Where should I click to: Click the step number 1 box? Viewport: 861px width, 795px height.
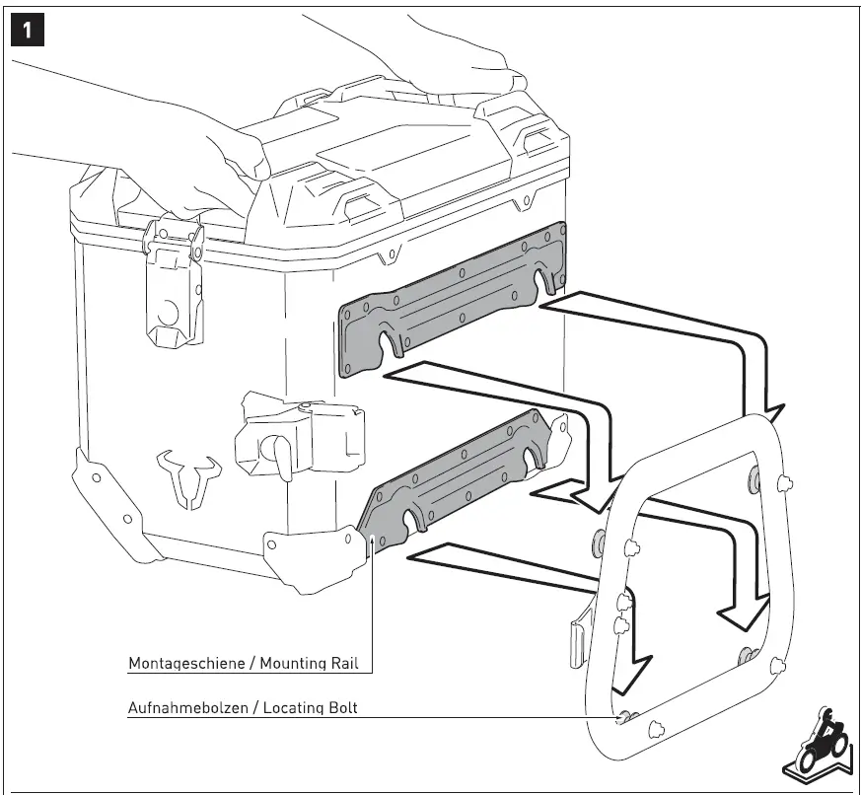28,31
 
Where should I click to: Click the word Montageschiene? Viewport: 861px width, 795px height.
186,663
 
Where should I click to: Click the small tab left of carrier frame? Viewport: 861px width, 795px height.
579,640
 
